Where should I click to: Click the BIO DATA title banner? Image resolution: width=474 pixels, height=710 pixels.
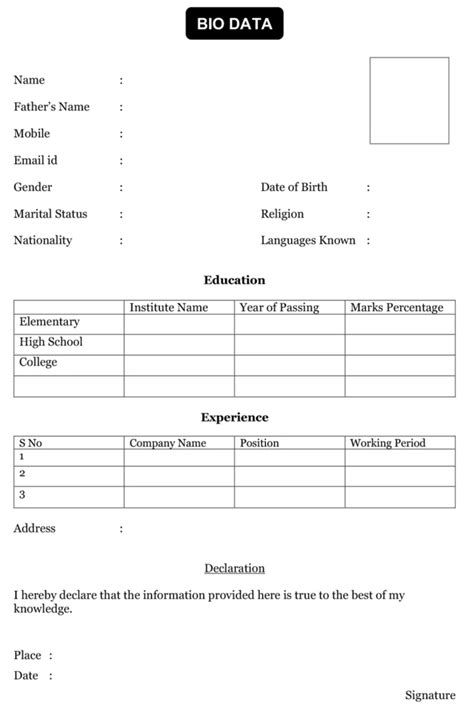point(234,24)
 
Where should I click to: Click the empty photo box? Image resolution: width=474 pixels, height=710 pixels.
point(409,100)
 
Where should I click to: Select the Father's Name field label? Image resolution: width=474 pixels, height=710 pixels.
point(51,107)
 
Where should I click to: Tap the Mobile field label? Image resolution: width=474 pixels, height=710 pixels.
point(31,134)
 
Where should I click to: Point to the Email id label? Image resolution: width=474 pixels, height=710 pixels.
point(35,160)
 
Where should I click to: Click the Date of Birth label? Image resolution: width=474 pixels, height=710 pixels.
point(294,187)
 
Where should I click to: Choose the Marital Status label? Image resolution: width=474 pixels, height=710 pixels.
point(50,214)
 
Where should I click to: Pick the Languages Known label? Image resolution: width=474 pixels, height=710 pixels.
point(308,241)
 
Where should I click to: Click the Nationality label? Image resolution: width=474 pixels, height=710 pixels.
point(42,241)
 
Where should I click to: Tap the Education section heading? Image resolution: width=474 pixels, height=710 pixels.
point(234,281)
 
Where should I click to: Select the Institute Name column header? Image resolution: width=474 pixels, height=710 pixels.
point(168,308)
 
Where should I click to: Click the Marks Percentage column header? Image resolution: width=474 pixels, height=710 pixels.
point(396,308)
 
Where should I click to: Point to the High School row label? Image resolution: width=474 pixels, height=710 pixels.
point(50,342)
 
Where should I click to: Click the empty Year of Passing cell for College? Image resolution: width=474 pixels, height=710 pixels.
point(289,364)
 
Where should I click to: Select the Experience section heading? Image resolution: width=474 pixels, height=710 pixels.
point(234,418)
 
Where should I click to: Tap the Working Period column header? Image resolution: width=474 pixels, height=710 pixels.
point(387,443)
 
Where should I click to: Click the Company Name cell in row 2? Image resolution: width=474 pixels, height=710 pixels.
point(179,476)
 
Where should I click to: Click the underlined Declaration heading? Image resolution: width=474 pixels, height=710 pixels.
point(234,569)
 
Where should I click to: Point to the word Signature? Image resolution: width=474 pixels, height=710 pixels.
point(430,695)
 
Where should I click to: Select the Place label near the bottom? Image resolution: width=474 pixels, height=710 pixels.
point(27,656)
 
